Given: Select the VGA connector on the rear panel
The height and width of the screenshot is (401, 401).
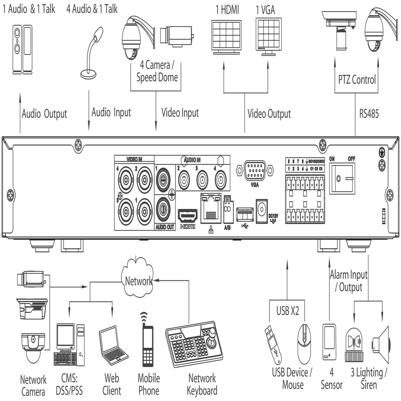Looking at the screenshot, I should tap(255, 171).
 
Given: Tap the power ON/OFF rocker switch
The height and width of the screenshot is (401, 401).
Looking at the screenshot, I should tap(342, 179).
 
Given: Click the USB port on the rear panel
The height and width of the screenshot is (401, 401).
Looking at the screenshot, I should tap(245, 215).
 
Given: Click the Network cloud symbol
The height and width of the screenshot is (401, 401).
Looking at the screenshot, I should tap(138, 279).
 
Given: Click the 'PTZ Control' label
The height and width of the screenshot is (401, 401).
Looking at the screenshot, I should tap(357, 80).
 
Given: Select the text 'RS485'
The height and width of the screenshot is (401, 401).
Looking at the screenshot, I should tap(369, 114).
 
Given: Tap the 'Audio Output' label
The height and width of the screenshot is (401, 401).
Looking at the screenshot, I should tap(44, 114).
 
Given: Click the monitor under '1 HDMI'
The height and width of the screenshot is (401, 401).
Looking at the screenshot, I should tap(226, 36).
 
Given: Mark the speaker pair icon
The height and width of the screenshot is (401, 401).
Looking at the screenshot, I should tap(22, 50).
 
